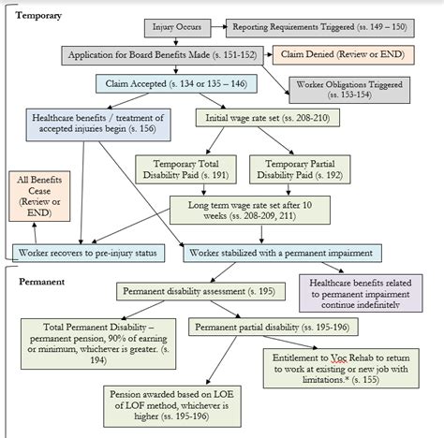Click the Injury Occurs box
pos(176,29)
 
